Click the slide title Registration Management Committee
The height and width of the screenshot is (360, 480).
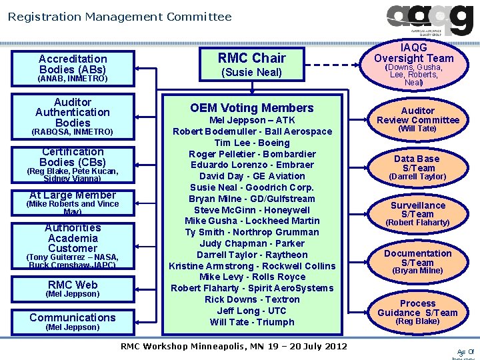pos(120,16)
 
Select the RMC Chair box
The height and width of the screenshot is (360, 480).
pos(251,65)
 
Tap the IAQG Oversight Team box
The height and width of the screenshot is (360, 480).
pos(413,65)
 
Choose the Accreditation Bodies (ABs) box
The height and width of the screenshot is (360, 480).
pos(73,68)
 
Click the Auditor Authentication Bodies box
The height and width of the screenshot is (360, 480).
pos(73,117)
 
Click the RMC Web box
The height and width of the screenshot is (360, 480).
pos(73,289)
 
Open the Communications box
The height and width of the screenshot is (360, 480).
pos(73,321)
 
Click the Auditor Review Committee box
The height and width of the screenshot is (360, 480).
pos(418,118)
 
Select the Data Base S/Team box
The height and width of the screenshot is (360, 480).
pos(418,167)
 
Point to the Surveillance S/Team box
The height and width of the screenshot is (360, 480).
pos(418,213)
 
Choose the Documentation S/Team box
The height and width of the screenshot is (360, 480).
pos(418,261)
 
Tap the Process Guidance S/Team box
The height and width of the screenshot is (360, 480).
pos(418,311)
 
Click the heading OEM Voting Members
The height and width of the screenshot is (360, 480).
pos(251,108)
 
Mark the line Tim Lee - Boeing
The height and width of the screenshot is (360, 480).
pos(251,143)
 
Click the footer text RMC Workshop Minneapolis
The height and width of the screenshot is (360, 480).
pos(233,346)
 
